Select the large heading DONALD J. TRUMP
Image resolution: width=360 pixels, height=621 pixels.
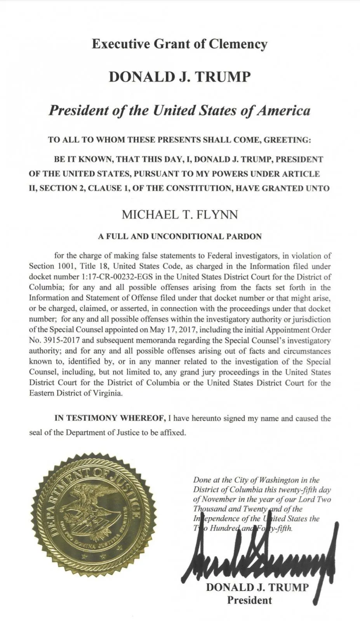(x=180, y=77)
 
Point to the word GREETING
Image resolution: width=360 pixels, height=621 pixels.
(x=287, y=140)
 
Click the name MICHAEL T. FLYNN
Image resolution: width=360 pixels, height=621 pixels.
(x=180, y=214)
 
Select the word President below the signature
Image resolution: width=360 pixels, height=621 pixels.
(x=249, y=600)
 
